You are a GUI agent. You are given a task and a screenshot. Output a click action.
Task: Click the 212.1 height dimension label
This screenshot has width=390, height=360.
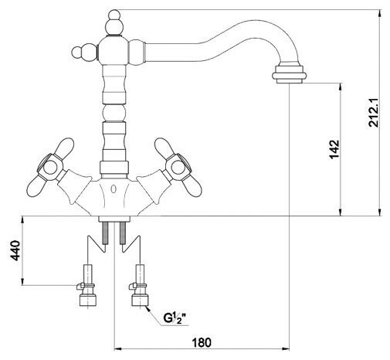tap(374, 113)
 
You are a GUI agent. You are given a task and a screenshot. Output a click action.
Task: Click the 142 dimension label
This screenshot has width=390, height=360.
tap(334, 150)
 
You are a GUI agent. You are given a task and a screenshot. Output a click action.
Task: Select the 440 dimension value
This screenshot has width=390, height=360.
tap(15, 250)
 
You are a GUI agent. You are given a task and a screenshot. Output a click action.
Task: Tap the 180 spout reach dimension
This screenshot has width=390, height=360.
tap(202, 342)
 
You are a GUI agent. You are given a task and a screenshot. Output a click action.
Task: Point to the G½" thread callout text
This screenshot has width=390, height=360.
tap(175, 318)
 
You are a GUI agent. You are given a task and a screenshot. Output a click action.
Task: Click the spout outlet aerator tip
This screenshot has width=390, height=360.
tap(289, 74)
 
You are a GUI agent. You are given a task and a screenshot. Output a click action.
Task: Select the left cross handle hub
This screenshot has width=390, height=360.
tap(50, 168)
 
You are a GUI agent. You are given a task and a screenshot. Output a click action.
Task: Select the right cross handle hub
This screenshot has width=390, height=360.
tap(178, 168)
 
